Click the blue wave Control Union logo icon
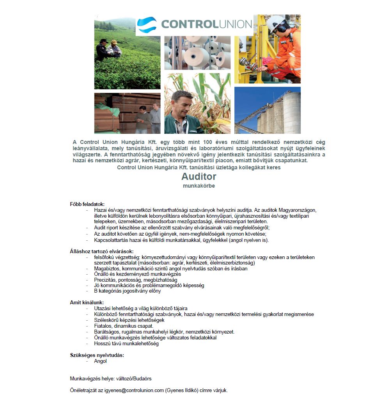[x=147, y=25]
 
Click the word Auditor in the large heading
[x=199, y=177]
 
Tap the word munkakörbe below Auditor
[x=199, y=186]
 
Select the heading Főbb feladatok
[x=87, y=204]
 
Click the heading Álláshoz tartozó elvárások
[x=102, y=251]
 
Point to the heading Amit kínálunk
[x=87, y=302]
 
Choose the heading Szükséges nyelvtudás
[x=97, y=355]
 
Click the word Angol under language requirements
[x=100, y=361]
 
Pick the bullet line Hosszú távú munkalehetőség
[x=126, y=344]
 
